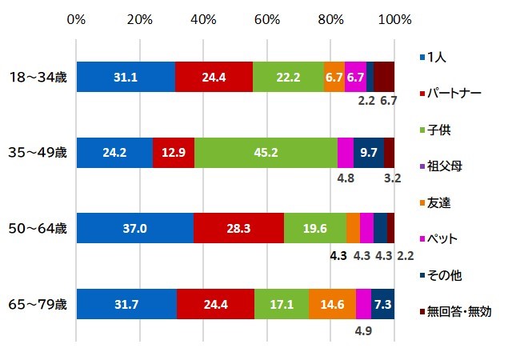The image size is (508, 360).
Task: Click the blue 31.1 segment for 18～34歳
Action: [x=126, y=76]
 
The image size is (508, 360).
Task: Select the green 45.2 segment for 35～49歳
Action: [x=266, y=152]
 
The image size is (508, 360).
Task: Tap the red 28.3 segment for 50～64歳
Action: [x=238, y=228]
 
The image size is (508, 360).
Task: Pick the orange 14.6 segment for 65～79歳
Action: [x=332, y=304]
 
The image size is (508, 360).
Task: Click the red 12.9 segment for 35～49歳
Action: [x=173, y=152]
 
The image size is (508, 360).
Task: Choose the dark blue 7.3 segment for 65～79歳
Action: [x=382, y=304]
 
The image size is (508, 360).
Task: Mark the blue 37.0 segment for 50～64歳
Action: [x=134, y=228]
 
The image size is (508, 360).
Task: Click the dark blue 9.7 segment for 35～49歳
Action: [x=369, y=152]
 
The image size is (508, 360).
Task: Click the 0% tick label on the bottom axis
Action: [x=77, y=352]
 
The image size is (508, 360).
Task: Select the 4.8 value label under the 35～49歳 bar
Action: [x=346, y=179]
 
